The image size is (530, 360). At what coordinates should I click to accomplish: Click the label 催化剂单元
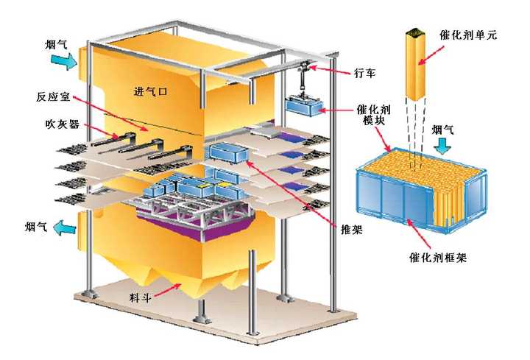468,35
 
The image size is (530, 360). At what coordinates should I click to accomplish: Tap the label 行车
364,73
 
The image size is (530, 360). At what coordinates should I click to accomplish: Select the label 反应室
53,96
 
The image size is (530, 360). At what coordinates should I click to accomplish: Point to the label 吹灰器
62,124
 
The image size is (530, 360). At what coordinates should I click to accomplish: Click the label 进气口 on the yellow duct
151,91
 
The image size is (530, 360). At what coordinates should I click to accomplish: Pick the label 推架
352,230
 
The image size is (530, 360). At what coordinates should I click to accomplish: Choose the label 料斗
140,297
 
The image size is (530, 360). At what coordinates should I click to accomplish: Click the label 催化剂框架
438,258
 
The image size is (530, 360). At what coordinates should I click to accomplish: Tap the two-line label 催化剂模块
373,115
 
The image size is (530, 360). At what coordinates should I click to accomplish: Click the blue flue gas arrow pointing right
64,61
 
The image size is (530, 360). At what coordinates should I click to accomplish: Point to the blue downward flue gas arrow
442,146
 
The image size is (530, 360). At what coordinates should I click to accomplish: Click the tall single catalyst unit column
415,65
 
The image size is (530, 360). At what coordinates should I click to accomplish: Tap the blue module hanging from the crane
303,106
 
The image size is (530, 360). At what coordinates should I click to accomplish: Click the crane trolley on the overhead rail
305,66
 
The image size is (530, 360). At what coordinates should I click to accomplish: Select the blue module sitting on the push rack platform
229,154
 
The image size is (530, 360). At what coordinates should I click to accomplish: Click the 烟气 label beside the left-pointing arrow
36,227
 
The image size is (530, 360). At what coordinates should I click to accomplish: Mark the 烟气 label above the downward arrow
442,130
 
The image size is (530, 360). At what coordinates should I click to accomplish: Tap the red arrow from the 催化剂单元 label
431,54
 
